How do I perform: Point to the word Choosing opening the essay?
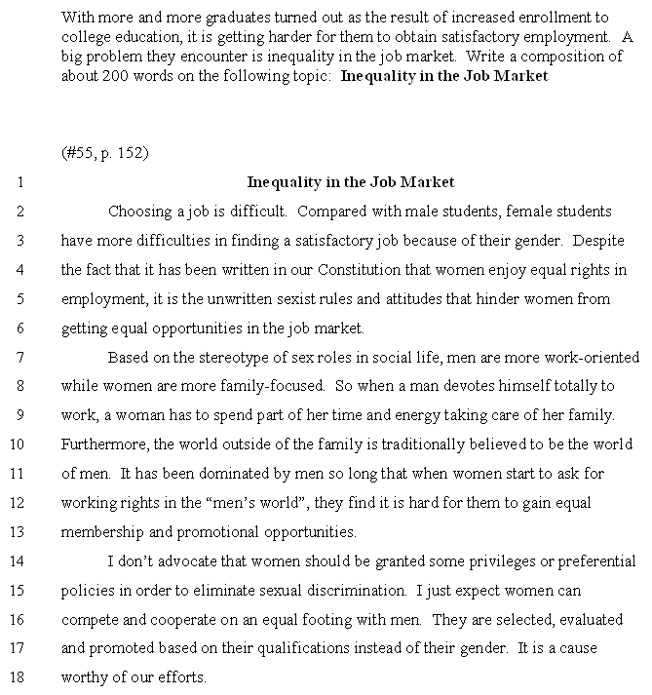click(x=139, y=212)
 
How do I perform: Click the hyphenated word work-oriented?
click(x=594, y=357)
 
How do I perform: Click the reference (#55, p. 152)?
click(x=104, y=154)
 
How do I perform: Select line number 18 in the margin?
click(x=19, y=677)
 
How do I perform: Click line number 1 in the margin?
click(x=20, y=182)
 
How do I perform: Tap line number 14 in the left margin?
click(x=19, y=561)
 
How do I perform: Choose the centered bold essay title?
click(x=351, y=182)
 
